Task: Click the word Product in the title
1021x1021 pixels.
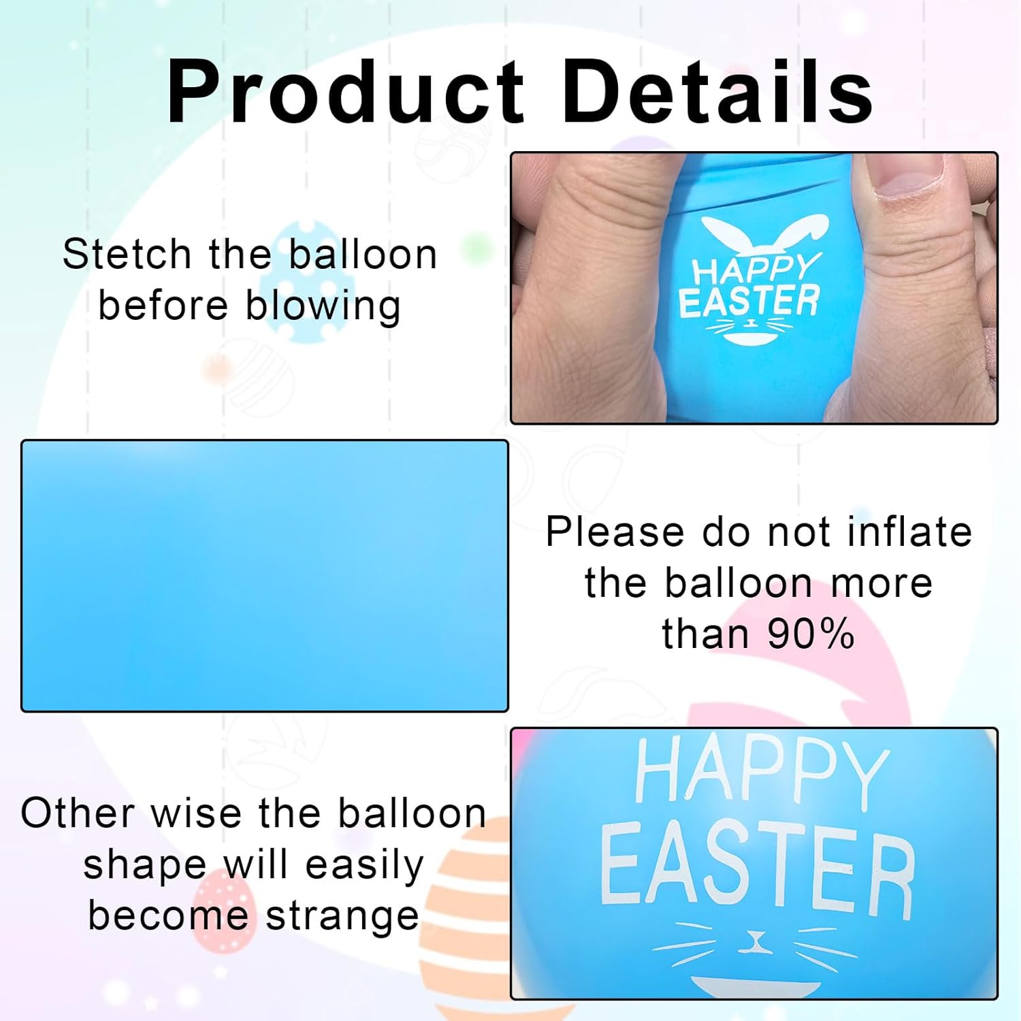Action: [346, 92]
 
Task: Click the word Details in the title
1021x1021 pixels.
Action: [717, 92]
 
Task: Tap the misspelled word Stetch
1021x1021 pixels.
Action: [127, 255]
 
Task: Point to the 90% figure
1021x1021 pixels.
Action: [810, 634]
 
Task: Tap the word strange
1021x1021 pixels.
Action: [342, 916]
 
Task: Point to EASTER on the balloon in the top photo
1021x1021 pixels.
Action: [749, 302]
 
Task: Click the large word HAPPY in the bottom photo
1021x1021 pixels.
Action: [761, 773]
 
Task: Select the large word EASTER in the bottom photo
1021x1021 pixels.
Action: [757, 867]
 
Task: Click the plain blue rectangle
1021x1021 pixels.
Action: [265, 576]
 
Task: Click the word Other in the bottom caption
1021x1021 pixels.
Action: [78, 813]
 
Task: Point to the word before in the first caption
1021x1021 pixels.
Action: [163, 306]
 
